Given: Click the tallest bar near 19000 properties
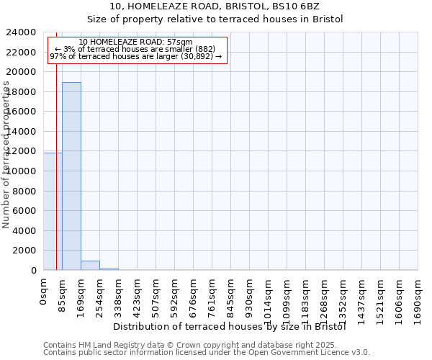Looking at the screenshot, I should click(71, 176).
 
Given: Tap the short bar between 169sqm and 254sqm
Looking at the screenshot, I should click(90, 265).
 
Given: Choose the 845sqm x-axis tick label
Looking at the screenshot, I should click(230, 295).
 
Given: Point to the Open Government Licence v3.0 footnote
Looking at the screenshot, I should click(207, 353).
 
